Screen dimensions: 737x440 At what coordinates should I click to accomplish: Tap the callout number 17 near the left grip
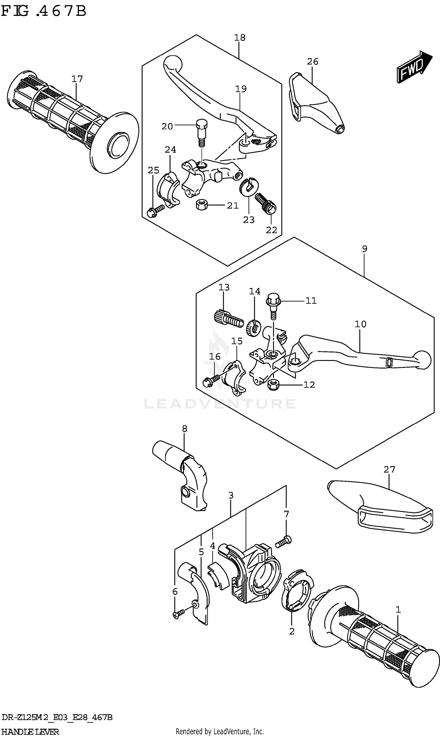(77, 79)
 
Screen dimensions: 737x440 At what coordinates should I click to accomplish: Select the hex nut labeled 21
(201, 205)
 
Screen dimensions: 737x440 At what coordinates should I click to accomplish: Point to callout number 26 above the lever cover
(312, 62)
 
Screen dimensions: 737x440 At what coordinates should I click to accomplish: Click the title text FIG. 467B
(44, 11)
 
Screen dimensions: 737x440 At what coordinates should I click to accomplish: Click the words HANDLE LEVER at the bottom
(30, 732)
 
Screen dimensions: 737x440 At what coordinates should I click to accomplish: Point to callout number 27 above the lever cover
(389, 469)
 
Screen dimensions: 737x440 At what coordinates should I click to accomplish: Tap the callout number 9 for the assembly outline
(364, 249)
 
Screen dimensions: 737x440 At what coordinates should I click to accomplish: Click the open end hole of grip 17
(118, 146)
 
